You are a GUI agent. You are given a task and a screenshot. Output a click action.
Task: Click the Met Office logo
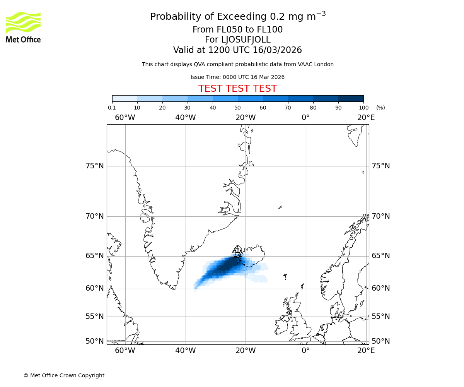click(23, 27)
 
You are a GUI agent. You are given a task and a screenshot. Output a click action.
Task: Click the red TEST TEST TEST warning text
click(237, 89)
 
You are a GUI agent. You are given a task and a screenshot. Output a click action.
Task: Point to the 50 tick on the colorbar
click(238, 108)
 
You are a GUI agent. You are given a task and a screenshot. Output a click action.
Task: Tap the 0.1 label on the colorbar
click(112, 108)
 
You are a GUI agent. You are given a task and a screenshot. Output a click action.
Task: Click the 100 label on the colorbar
click(363, 108)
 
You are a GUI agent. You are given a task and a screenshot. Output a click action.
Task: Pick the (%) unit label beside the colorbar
click(380, 108)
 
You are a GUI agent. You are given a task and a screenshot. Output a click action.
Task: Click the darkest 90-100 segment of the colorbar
click(351, 98)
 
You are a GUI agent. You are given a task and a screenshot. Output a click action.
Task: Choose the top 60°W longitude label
click(125, 117)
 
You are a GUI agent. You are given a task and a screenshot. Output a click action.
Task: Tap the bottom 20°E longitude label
click(366, 351)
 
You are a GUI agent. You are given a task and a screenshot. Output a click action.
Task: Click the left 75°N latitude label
click(95, 166)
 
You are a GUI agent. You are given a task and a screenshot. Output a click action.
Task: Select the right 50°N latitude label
click(381, 341)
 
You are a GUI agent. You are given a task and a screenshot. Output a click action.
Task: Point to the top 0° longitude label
click(305, 117)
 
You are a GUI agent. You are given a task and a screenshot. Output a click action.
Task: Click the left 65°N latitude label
click(95, 256)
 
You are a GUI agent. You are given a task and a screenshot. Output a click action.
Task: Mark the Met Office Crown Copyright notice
click(64, 375)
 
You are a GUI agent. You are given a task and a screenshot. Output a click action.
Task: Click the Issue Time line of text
click(237, 77)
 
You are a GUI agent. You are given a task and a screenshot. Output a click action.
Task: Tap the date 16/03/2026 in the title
click(277, 50)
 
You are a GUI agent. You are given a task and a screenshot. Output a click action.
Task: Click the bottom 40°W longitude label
click(185, 351)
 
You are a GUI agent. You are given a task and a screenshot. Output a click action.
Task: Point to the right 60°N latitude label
click(381, 288)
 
